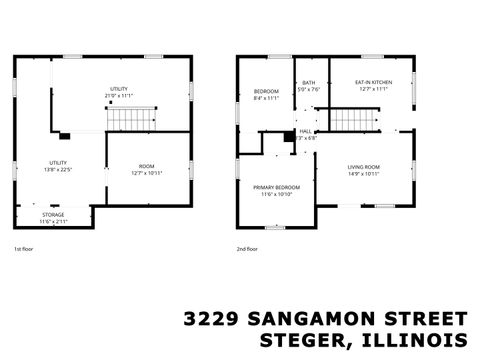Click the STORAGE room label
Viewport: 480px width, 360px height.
click(x=53, y=215)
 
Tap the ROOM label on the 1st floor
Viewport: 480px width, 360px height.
click(x=147, y=166)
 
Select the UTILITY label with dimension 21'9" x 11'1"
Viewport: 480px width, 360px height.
click(x=119, y=90)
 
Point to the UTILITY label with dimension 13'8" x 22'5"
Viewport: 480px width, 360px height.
click(x=57, y=162)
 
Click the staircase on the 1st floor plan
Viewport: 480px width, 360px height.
click(x=126, y=121)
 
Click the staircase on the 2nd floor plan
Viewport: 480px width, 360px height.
click(x=349, y=120)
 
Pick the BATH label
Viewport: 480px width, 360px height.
click(x=309, y=82)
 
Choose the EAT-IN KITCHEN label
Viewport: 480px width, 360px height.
click(x=372, y=82)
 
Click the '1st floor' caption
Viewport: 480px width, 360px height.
click(x=23, y=249)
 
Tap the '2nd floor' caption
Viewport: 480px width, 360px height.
click(x=247, y=249)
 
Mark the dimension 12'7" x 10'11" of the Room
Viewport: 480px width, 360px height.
click(x=147, y=173)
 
